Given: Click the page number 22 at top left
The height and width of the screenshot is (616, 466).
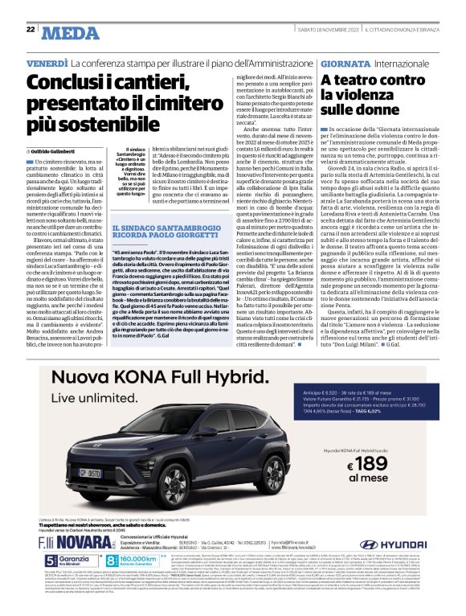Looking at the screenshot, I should (x=30, y=31).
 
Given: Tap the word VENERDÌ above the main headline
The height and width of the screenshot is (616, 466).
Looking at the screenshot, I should (x=47, y=62).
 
